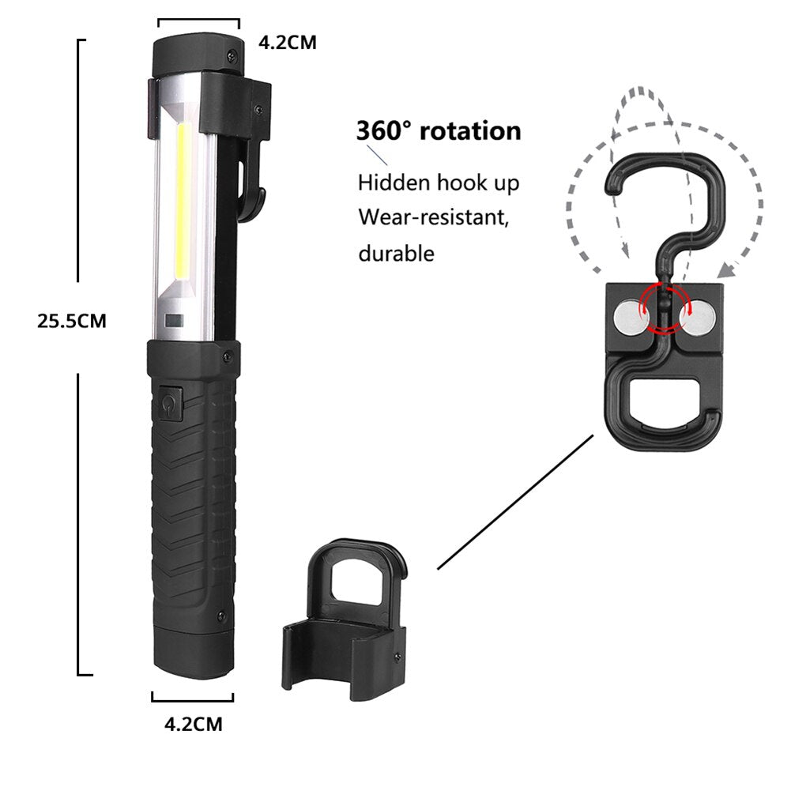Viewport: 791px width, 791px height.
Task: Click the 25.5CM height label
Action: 71,321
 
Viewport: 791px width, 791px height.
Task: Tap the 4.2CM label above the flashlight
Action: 288,43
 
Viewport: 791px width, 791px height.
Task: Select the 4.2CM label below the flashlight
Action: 192,722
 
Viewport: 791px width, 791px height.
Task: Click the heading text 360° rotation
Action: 439,130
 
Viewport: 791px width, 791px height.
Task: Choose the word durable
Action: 396,253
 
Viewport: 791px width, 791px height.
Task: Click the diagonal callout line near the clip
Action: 514,502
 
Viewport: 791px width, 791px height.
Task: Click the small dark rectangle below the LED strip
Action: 174,322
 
